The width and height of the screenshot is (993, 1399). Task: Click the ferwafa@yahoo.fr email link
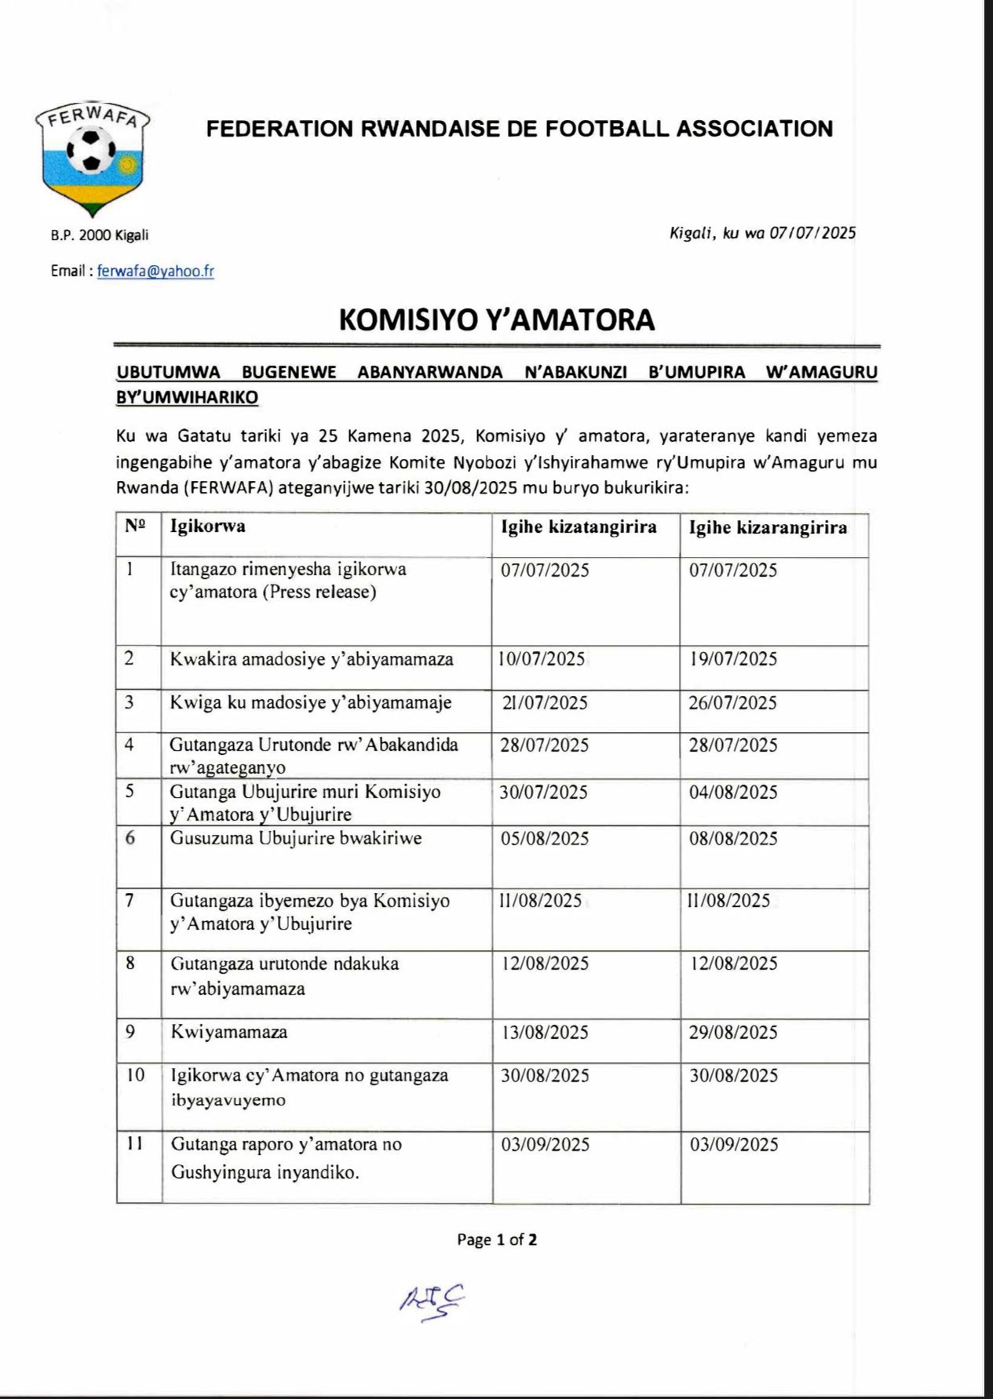pos(155,271)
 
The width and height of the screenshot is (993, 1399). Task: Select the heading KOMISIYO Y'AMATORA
pos(496,319)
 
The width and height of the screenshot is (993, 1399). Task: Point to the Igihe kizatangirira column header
pos(579,526)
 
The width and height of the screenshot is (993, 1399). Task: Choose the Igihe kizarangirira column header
pos(768,527)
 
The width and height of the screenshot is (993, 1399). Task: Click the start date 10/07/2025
pos(542,659)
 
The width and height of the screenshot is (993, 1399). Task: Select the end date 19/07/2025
pos(733,659)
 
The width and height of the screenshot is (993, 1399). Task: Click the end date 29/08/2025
pos(733,1032)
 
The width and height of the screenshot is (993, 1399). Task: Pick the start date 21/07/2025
pos(544,702)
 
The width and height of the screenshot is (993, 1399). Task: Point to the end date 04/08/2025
pos(733,792)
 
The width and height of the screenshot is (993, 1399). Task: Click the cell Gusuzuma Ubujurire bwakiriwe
pos(296,838)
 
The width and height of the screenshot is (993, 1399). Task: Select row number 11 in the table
pos(134,1144)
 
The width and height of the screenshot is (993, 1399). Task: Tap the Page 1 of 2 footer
pos(497,1240)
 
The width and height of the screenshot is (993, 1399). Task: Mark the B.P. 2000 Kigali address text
pos(100,235)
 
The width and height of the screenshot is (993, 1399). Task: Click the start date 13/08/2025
pos(544,1032)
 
